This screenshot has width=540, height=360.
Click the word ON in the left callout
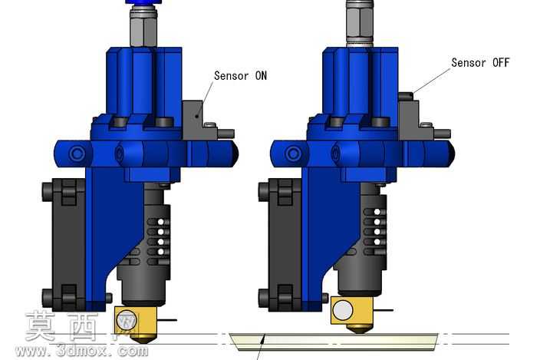(261, 76)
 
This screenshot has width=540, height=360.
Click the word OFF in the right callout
(501, 63)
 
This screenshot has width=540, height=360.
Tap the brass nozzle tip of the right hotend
(359, 329)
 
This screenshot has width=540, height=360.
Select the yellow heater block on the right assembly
(352, 310)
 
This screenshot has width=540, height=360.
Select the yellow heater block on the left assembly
(136, 321)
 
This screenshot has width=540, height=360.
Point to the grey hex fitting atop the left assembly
(143, 28)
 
